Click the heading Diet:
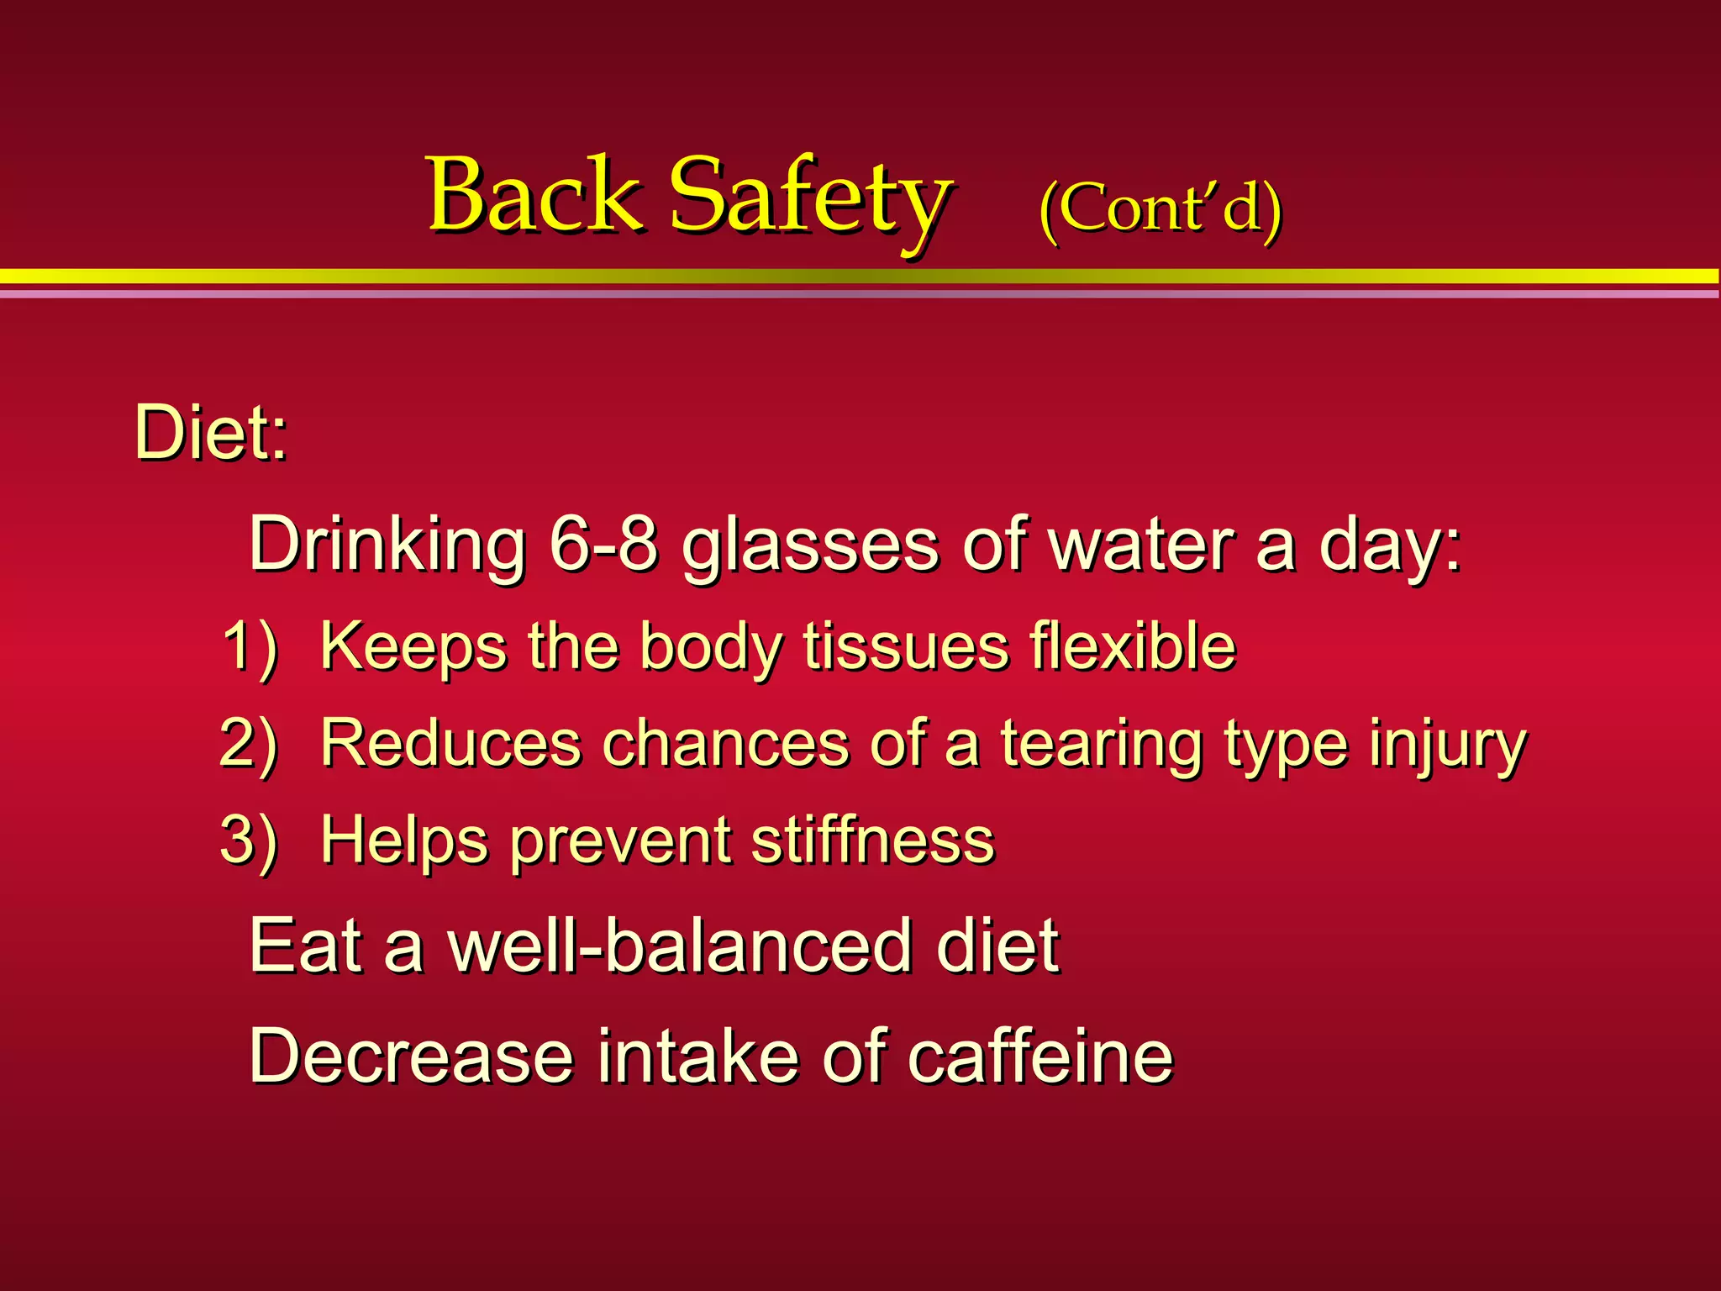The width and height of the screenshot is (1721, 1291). pyautogui.click(x=210, y=434)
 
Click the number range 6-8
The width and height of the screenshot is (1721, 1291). pyautogui.click(x=603, y=545)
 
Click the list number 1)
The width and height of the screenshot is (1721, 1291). pyautogui.click(x=250, y=647)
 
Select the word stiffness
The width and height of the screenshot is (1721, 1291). pyautogui.click(x=873, y=840)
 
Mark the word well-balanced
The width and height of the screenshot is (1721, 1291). pyautogui.click(x=681, y=946)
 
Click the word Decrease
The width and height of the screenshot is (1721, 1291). pyautogui.click(x=412, y=1056)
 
